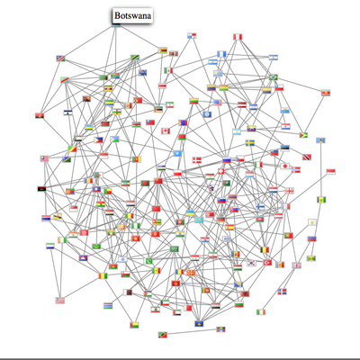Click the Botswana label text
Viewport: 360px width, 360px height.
click(132, 15)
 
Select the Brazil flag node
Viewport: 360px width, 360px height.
click(274, 77)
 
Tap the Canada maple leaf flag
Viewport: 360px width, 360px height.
click(166, 131)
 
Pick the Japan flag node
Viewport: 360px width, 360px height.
click(285, 166)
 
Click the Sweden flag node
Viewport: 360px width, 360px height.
click(250, 142)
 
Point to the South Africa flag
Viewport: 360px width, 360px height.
click(115, 76)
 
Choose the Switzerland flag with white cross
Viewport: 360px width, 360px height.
click(221, 171)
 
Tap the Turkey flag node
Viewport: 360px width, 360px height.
click(267, 263)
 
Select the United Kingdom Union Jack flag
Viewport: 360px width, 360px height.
click(297, 265)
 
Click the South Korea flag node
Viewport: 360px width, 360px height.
click(252, 263)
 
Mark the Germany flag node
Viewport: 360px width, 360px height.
click(221, 220)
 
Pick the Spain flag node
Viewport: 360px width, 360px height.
click(229, 227)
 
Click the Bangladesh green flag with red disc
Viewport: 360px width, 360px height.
click(145, 183)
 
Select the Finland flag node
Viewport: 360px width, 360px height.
click(260, 207)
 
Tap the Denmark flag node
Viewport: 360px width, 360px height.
click(197, 160)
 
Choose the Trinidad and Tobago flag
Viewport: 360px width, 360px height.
click(307, 157)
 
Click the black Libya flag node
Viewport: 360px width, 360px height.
click(41, 189)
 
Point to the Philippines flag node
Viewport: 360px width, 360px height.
click(99, 139)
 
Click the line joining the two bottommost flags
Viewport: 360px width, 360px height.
click(192, 332)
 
